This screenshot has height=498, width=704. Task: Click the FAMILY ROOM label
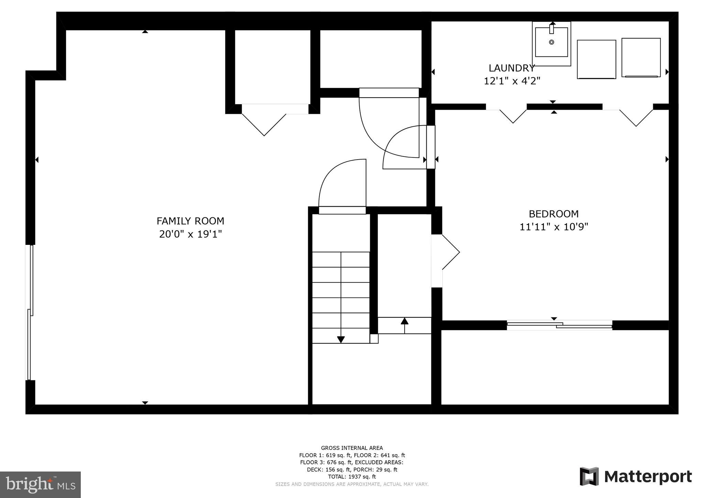point(190,221)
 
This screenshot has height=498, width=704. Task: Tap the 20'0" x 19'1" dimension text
point(190,234)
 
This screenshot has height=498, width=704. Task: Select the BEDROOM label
point(553,214)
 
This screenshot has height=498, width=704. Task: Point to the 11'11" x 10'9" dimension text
point(553,227)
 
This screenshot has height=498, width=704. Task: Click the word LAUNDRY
point(511,68)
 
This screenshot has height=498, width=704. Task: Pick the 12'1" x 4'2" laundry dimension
point(511,81)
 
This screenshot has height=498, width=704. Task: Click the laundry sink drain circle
point(551,42)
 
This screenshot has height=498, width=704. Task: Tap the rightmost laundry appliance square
point(641,57)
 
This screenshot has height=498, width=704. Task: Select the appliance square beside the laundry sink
point(596,59)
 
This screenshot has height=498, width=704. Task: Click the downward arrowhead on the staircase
point(341,339)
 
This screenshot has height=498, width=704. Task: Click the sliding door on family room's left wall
point(30,312)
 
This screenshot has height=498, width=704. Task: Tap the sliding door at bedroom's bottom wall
point(559,325)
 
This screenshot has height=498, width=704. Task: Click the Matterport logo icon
point(589,476)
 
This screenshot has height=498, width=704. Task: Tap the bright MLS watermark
point(40,484)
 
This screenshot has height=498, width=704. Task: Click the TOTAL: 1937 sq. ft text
point(352,477)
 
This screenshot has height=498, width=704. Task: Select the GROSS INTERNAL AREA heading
point(352,448)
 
